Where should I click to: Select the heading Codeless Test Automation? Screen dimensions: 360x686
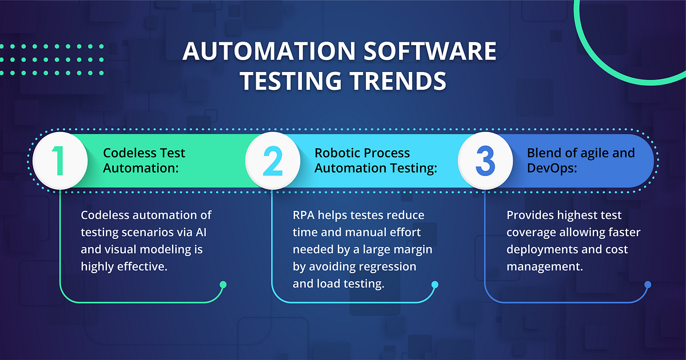pyautogui.click(x=144, y=161)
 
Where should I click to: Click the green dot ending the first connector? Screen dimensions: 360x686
pyautogui.click(x=223, y=285)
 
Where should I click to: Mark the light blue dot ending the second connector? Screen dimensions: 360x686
pyautogui.click(x=435, y=285)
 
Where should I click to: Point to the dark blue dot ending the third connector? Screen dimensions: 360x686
pyautogui.click(x=648, y=285)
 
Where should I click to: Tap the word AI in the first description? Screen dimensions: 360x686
pyautogui.click(x=205, y=233)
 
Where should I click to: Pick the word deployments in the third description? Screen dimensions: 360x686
pyautogui.click(x=540, y=250)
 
